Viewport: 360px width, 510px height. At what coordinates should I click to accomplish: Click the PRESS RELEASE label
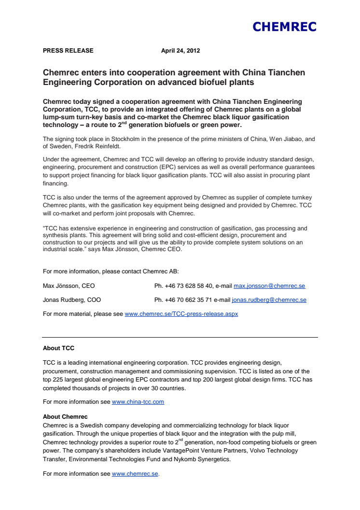tap(68, 51)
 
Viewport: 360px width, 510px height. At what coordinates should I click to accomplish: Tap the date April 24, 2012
tap(180, 51)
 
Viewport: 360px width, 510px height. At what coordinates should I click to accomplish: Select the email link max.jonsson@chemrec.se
tap(269, 286)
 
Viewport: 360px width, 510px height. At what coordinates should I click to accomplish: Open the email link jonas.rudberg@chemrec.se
tap(269, 300)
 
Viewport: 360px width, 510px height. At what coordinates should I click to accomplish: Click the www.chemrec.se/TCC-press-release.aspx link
tap(181, 314)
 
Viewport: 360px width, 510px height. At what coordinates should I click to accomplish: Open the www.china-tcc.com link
tap(138, 401)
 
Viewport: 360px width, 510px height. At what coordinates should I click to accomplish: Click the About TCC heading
tap(58, 348)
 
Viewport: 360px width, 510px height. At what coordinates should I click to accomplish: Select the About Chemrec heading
tap(65, 416)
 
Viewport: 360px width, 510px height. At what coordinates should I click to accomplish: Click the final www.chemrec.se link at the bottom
tap(135, 474)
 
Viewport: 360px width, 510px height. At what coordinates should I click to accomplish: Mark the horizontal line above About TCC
tap(180, 337)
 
